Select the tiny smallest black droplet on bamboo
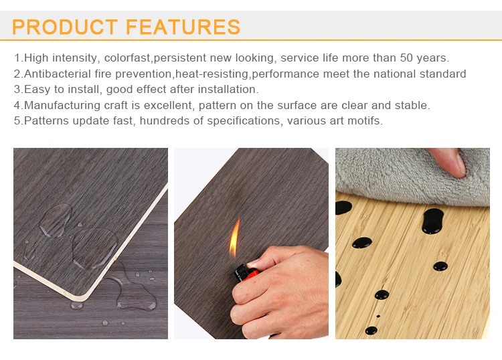coord(378,316)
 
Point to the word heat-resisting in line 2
coord(213,74)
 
